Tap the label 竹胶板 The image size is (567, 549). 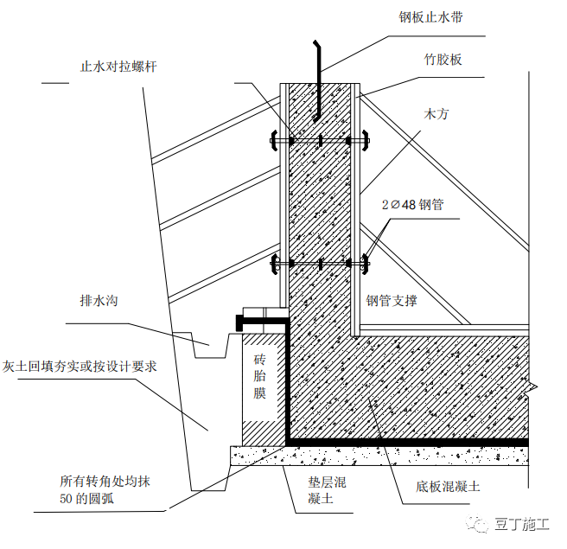pos(443,60)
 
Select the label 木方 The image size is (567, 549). pos(436,113)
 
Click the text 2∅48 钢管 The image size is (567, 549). pos(413,205)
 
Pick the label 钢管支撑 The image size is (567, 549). pos(392,301)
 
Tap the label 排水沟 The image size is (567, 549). pos(99,301)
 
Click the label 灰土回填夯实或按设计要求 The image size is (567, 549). pos(80,366)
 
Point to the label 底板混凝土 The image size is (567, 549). pos(447,487)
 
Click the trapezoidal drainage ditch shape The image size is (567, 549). pos(210,348)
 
